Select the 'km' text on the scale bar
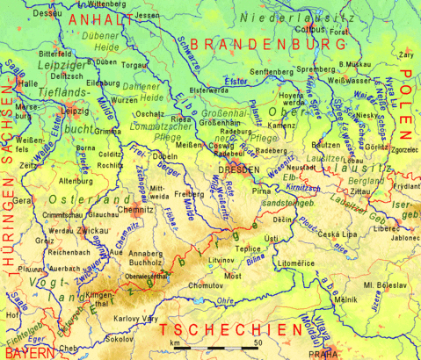coord(177,343)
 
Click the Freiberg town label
coord(189,193)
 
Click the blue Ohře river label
coord(227,301)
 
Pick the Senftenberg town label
coord(272,71)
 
